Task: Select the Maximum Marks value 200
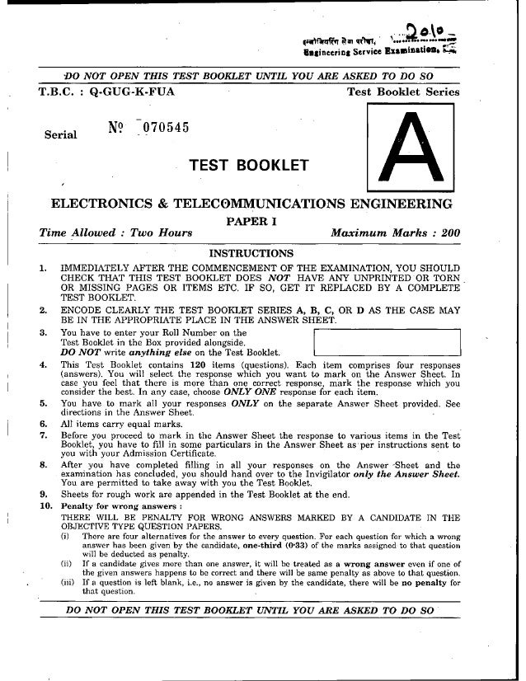tap(449, 233)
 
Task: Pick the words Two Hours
tap(161, 233)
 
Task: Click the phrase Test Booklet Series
tap(403, 92)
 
